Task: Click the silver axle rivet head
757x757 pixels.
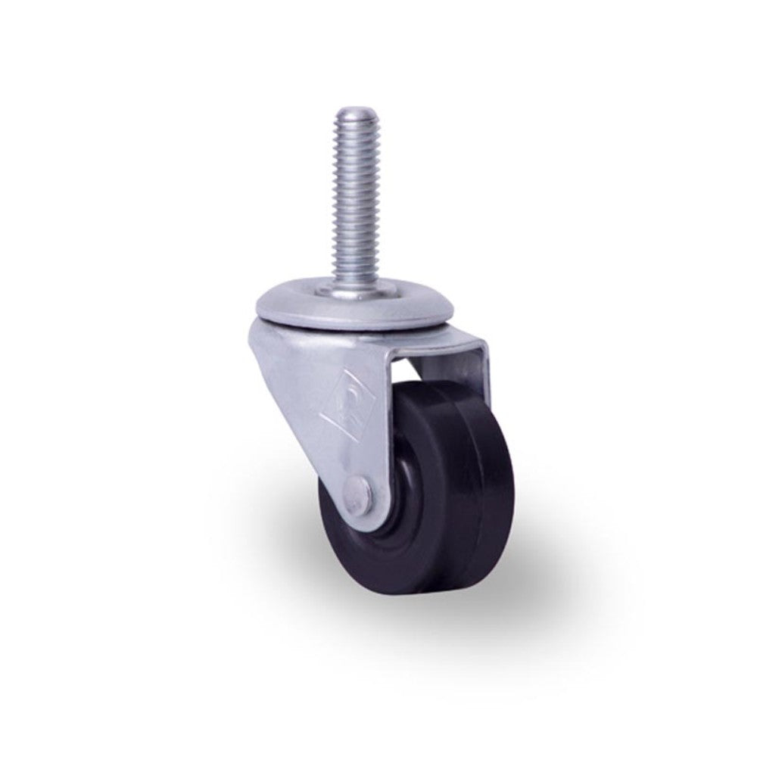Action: [x=360, y=492]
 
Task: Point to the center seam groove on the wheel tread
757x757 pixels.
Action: [x=481, y=484]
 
